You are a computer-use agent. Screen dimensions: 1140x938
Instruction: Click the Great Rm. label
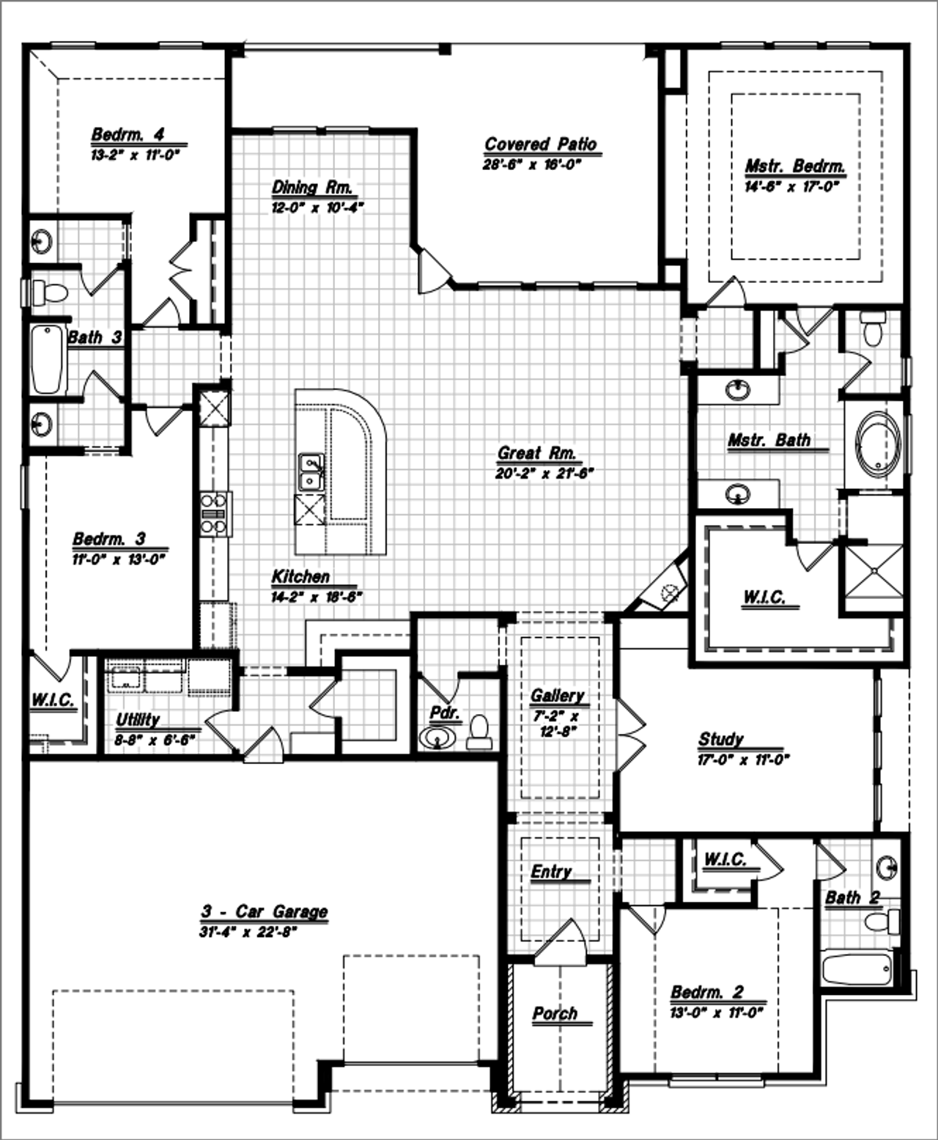click(x=537, y=453)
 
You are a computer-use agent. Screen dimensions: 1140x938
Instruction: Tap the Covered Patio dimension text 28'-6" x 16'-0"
click(x=531, y=165)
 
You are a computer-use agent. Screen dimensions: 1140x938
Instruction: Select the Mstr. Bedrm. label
click(x=794, y=166)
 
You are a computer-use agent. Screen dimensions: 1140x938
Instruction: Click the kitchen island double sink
click(x=311, y=472)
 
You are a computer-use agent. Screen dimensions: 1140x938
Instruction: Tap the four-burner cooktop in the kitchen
click(x=214, y=513)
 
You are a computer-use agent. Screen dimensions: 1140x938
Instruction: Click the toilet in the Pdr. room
click(x=479, y=732)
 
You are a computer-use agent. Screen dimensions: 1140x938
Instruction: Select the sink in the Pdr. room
click(x=437, y=738)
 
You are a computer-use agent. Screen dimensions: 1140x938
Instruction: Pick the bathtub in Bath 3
click(x=48, y=359)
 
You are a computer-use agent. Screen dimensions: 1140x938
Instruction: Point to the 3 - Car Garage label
click(x=265, y=911)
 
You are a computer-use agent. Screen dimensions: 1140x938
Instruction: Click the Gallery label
click(x=557, y=695)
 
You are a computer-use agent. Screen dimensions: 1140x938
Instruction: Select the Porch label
click(x=555, y=1013)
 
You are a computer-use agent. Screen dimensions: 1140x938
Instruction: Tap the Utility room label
click(x=138, y=720)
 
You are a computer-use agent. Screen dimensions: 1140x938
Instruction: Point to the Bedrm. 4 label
click(x=128, y=134)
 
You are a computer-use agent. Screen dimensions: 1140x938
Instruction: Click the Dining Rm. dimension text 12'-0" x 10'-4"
click(x=318, y=207)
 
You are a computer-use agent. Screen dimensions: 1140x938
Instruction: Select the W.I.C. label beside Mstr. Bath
click(x=764, y=597)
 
